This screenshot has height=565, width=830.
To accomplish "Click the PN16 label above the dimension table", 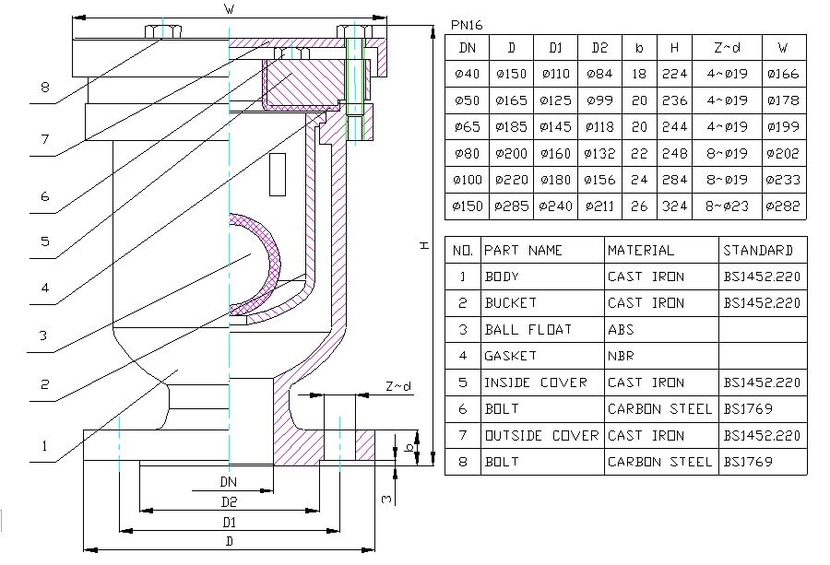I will (x=467, y=25).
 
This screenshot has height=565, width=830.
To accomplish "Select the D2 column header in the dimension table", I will (x=600, y=48).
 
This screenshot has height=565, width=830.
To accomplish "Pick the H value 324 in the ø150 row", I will (x=675, y=206).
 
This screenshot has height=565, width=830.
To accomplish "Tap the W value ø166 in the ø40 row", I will (x=783, y=74).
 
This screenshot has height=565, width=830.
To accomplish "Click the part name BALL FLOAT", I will (x=528, y=329).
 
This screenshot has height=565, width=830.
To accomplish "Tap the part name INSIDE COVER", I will (x=536, y=383).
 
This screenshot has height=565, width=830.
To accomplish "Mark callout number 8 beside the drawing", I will (x=44, y=88).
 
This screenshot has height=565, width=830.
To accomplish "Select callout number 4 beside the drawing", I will (x=44, y=288).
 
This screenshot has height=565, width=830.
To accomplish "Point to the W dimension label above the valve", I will (x=228, y=8).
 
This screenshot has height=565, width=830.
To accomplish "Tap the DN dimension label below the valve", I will (x=228, y=481).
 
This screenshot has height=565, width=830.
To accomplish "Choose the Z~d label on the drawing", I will (x=394, y=388).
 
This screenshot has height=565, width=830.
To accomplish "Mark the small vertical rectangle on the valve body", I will (x=276, y=176).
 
